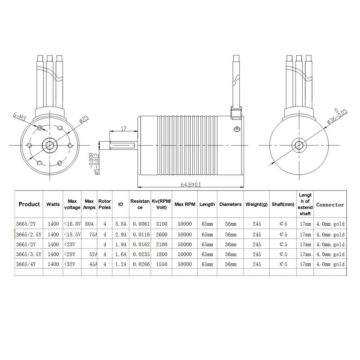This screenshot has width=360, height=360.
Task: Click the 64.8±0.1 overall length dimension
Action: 191,185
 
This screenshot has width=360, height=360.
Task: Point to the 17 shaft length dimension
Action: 123,129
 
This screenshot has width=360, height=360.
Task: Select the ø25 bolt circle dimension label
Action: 84,120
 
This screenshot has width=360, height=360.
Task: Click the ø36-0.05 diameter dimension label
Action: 337,116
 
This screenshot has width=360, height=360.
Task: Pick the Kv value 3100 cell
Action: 162,224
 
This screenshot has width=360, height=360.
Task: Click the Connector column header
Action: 330,205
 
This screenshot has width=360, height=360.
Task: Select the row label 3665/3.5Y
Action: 29,255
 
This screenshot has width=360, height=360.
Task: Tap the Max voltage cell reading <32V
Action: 70,264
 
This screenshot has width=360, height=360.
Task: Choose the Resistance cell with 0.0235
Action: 141,255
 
